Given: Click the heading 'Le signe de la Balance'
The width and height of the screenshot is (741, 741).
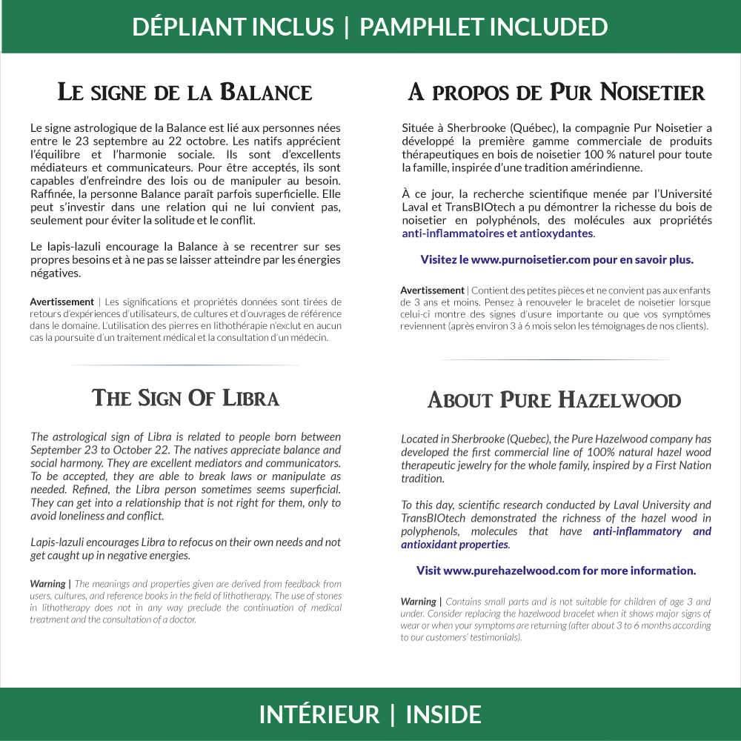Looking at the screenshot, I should coord(185,93).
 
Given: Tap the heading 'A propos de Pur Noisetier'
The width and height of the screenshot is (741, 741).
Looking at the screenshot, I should coord(556,93).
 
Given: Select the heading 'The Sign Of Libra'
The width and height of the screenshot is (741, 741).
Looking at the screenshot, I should coord(185,398).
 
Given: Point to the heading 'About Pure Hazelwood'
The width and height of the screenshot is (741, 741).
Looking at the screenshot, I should coord(554,400).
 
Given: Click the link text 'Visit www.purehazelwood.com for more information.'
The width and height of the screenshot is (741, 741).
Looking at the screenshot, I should coord(556,571).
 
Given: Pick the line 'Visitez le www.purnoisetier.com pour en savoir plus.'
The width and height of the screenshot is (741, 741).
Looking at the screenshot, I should coord(556,260).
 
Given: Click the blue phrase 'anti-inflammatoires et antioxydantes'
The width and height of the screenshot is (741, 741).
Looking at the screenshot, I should coord(497,233).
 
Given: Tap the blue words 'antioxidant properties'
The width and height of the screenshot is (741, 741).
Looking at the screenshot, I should coord(454,545).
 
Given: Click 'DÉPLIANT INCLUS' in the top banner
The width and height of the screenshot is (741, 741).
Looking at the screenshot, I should coord(233,27).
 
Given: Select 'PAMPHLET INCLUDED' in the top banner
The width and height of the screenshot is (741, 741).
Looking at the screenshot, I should coord(483,27).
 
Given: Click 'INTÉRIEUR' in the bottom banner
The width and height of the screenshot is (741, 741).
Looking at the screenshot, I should coord(319,715).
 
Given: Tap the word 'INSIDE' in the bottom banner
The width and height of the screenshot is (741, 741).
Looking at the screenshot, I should coord(444,715).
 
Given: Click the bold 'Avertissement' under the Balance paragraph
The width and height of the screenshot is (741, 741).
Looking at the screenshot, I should coord(62,302).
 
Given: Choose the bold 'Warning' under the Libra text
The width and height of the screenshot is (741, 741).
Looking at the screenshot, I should coord(48,584).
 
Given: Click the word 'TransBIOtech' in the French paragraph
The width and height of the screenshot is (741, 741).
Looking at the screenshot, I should coord(490,207).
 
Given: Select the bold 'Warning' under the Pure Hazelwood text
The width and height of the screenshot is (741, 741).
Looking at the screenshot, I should coord(418,602).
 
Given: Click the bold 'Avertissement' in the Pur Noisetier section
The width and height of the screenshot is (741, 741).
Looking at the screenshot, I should coord(432,290).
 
